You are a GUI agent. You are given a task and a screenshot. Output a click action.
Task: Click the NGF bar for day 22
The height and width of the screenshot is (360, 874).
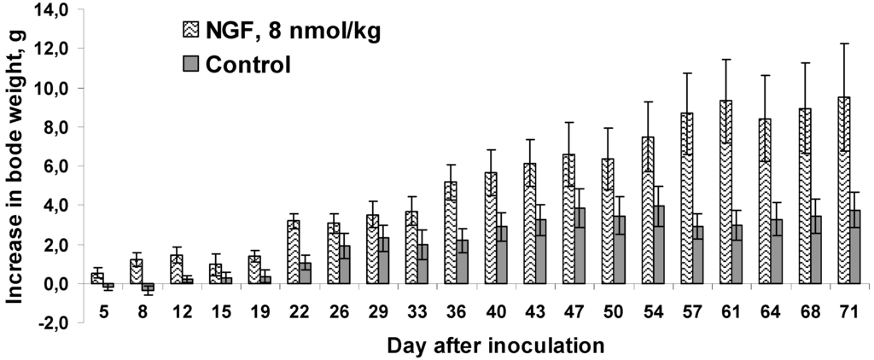[293, 252]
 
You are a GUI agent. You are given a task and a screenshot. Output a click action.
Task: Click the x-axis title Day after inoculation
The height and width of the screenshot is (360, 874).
[495, 345]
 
